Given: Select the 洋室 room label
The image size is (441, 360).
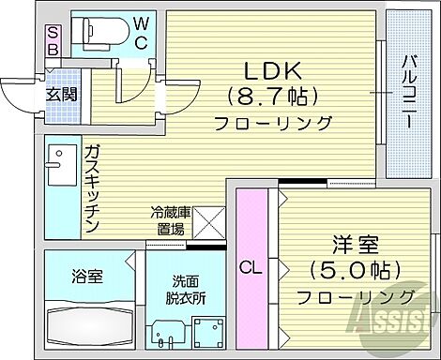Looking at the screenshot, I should point(355,244).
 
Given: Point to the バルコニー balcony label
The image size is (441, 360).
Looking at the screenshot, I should point(410,90).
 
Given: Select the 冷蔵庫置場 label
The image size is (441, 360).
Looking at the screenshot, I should point(169,220).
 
